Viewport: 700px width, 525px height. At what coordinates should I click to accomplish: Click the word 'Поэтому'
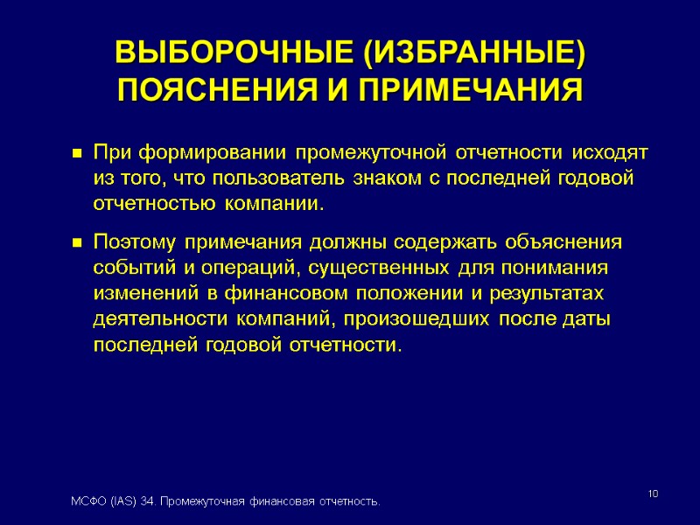pyautogui.click(x=130, y=241)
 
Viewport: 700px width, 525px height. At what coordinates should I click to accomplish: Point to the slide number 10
pyautogui.click(x=653, y=496)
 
